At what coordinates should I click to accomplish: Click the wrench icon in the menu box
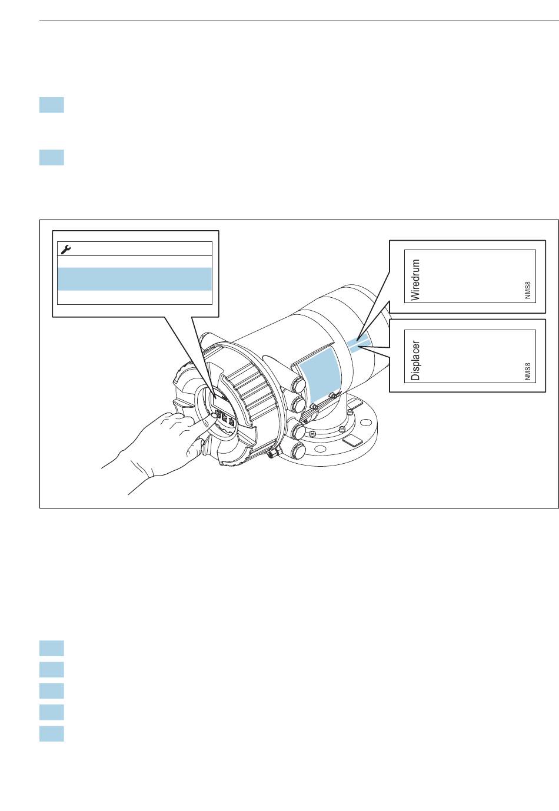[66, 249]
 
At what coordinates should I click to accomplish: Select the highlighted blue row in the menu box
[135, 279]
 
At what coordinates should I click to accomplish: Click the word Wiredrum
[415, 280]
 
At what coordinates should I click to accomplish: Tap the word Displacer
[415, 360]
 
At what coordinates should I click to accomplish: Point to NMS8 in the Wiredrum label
[527, 290]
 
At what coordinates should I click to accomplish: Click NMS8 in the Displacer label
[527, 371]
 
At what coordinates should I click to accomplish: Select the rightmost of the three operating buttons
[231, 422]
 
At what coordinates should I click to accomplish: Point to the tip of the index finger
[215, 416]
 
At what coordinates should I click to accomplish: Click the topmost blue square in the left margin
[52, 105]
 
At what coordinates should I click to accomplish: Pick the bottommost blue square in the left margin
[52, 734]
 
